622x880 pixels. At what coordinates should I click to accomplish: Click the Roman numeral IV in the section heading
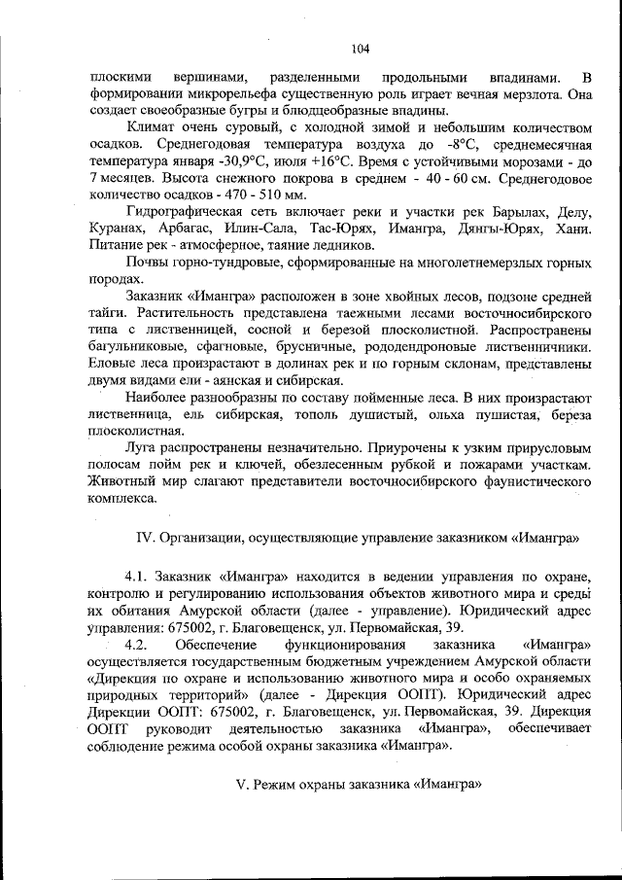(145, 537)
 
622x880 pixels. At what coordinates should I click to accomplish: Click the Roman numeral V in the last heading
(241, 784)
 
